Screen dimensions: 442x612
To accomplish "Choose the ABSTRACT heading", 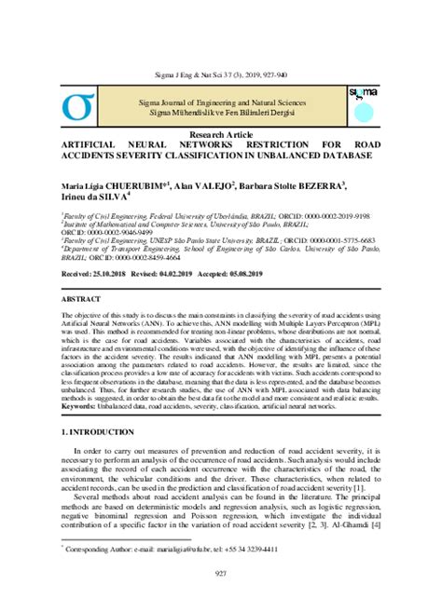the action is click(85, 301).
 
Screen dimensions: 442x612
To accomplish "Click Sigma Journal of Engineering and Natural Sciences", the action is click(221, 99).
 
